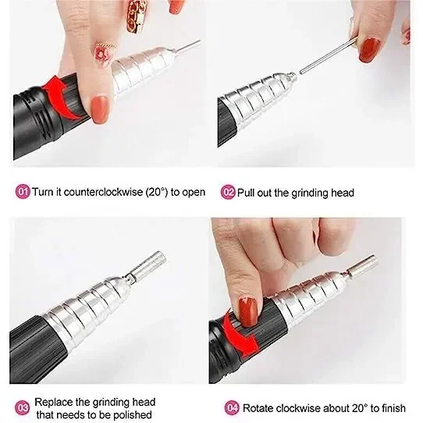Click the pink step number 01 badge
[x=23, y=192]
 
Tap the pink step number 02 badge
[x=228, y=192]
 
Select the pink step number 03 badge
[x=22, y=408]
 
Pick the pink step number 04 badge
[x=232, y=408]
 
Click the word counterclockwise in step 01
[x=103, y=192]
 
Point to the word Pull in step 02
[x=246, y=193]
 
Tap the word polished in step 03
[x=133, y=414]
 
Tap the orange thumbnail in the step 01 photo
[x=101, y=109]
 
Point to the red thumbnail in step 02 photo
[x=370, y=51]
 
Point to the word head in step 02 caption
[x=343, y=193]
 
